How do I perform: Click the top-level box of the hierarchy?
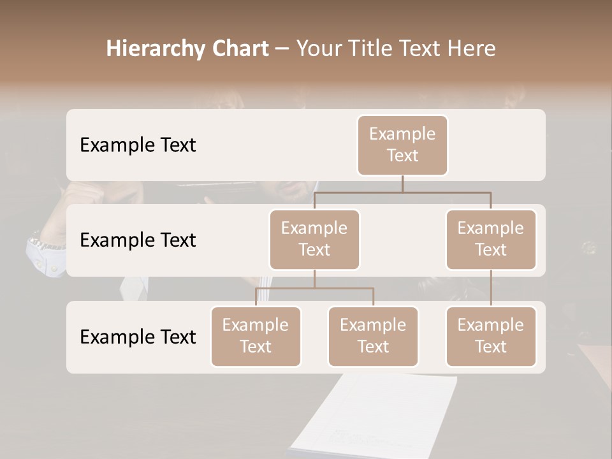402,145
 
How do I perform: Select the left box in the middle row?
314,239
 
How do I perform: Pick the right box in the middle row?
491,239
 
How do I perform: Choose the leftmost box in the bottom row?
256,336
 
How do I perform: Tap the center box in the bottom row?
373,336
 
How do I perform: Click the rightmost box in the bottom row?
491,336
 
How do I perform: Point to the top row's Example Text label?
138,145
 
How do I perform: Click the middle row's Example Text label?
138,240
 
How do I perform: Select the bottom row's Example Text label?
138,337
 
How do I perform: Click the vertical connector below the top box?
402,184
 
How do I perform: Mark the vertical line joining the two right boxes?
491,288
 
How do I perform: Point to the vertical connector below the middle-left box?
314,279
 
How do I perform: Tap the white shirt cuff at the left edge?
46,255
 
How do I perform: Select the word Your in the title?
318,49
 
